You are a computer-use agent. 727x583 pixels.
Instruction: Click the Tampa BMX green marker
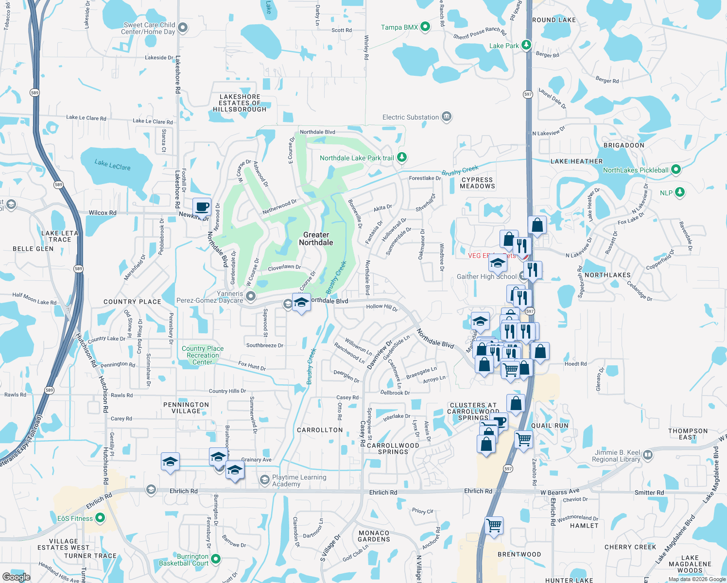pyautogui.click(x=425, y=27)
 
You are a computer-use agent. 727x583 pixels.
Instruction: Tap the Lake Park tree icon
pyautogui.click(x=526, y=45)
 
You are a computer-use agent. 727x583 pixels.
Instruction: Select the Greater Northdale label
pyautogui.click(x=316, y=239)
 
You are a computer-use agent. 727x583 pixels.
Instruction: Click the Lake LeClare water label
pyautogui.click(x=112, y=165)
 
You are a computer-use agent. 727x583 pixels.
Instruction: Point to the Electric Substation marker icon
pyautogui.click(x=447, y=117)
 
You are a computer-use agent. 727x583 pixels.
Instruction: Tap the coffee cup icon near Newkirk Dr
pyautogui.click(x=202, y=207)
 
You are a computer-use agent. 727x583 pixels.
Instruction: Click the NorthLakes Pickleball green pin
pyautogui.click(x=676, y=170)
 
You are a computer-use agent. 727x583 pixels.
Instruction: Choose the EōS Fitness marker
pyautogui.click(x=100, y=518)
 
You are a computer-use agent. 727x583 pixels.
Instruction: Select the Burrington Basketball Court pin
pyautogui.click(x=216, y=559)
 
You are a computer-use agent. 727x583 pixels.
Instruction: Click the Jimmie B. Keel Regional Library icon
pyautogui.click(x=647, y=455)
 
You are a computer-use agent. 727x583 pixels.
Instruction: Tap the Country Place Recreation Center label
pyautogui.click(x=203, y=355)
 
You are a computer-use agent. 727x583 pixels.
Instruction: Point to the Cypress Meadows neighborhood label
pyautogui.click(x=477, y=183)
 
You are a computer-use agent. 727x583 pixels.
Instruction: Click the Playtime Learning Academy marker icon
pyautogui.click(x=264, y=480)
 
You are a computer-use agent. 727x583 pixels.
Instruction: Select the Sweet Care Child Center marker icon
pyautogui.click(x=183, y=28)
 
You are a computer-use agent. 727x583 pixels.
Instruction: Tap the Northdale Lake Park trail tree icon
pyautogui.click(x=401, y=157)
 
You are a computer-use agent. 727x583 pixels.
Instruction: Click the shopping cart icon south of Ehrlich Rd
pyautogui.click(x=494, y=525)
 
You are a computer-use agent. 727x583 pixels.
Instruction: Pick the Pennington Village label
pyautogui.click(x=186, y=408)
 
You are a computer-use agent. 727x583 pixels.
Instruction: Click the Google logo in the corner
pyautogui.click(x=16, y=577)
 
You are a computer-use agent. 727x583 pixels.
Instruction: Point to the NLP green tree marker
pyautogui.click(x=680, y=192)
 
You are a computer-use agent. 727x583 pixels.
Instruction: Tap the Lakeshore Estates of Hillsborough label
pyautogui.click(x=240, y=103)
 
